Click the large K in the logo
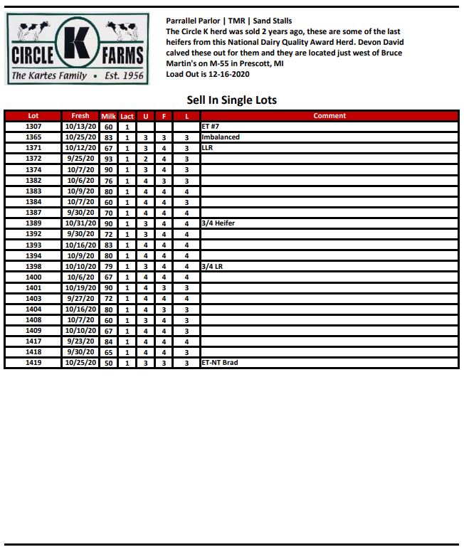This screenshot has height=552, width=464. pos(76,45)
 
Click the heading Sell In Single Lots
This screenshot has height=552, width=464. pos(231,100)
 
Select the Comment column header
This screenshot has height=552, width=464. pos(329,116)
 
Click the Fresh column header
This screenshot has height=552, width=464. pos(80,116)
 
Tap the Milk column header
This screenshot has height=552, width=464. pos(108,116)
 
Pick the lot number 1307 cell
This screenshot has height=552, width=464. pos(33,127)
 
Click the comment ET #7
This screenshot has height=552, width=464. pos(211,127)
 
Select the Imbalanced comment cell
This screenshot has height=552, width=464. pos(221,137)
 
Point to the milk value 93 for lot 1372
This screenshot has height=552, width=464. pos(108,159)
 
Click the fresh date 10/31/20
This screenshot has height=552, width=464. pos(80,223)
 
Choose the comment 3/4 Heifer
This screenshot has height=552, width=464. pos(218,223)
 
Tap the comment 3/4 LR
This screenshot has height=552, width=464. pos(212,267)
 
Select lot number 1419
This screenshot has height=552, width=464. pos(33,363)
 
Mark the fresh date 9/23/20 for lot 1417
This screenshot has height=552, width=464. pos(80,341)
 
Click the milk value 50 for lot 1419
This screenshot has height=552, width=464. pos(108,363)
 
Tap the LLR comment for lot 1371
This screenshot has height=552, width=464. pos(207,148)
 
